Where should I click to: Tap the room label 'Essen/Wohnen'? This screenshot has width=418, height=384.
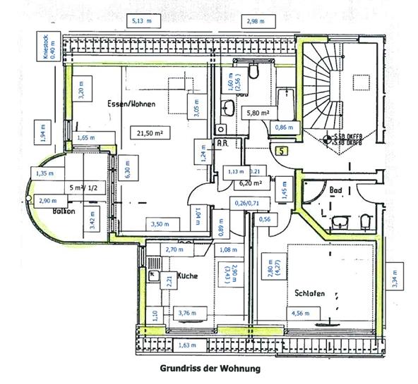tap(131, 104)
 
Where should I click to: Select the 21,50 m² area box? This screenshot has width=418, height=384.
tap(150, 132)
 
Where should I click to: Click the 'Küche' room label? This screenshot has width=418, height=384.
tap(188, 277)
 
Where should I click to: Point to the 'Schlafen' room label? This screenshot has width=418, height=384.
tap(309, 293)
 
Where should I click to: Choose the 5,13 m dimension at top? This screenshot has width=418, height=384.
tap(141, 22)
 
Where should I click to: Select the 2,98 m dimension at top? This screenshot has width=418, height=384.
tap(256, 22)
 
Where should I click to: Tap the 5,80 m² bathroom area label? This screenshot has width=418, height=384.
tap(257, 112)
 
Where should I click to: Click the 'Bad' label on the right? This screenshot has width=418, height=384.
tap(336, 190)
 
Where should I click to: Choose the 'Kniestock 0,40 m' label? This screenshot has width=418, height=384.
tap(49, 51)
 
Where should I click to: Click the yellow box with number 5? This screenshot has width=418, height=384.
tap(282, 150)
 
